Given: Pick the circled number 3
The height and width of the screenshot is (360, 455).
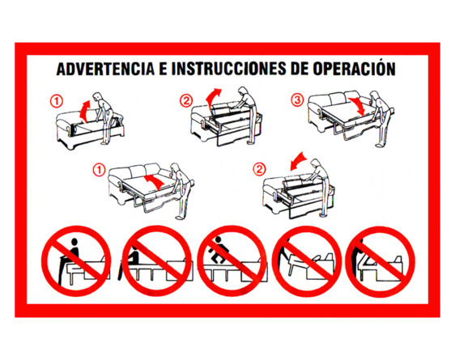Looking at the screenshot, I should [x=296, y=101].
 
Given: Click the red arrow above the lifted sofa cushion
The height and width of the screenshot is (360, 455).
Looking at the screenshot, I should [x=83, y=104].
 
